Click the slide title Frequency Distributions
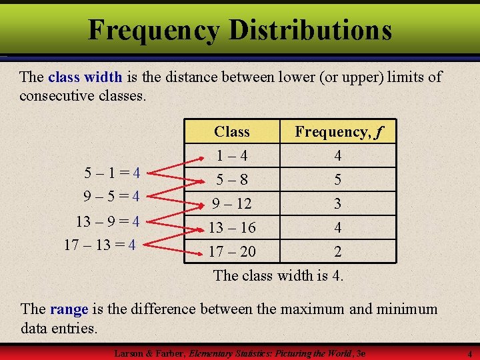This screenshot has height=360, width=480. point(239,29)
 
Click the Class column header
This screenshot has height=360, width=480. point(232,132)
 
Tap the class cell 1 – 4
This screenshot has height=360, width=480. point(232,156)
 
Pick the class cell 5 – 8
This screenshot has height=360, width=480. point(232,180)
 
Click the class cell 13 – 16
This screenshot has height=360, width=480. point(232,228)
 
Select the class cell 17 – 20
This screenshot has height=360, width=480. point(232,252)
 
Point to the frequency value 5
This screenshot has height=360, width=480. point(338,180)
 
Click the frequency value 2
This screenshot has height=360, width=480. point(338,252)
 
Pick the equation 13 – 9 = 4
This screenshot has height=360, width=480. point(107,221)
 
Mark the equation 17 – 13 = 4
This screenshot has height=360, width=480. point(100,245)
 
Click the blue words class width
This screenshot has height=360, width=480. point(85,77)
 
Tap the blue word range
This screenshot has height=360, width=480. point(69,309)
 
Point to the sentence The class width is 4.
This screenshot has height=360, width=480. point(278,275)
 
